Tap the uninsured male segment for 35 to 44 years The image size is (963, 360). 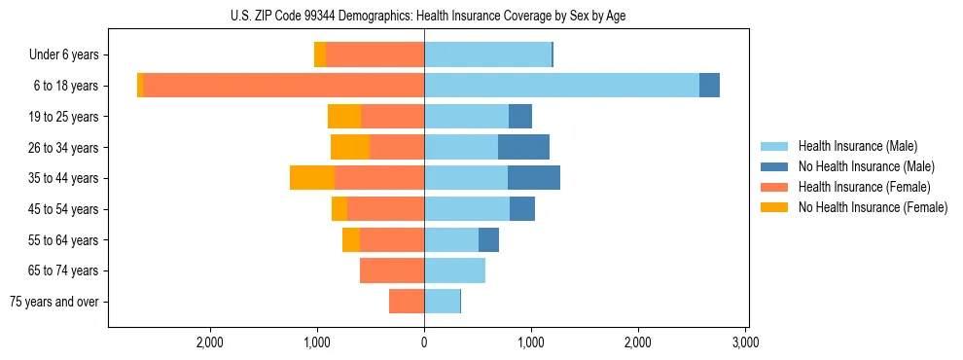(x=533, y=178)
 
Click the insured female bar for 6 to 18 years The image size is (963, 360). (x=283, y=86)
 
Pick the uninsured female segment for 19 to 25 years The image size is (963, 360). (x=344, y=117)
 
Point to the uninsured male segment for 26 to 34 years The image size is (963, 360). (x=523, y=148)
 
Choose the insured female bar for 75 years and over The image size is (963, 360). (x=407, y=302)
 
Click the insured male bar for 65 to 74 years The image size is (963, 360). (x=454, y=270)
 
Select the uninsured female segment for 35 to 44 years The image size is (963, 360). (x=312, y=178)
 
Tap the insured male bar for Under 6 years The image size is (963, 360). (x=487, y=55)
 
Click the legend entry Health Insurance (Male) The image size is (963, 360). (x=857, y=146)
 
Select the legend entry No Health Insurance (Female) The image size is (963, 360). (x=873, y=207)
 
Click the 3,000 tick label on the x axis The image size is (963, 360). (x=745, y=342)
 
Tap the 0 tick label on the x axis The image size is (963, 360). (x=424, y=342)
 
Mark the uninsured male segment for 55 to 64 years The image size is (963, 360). (x=488, y=240)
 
